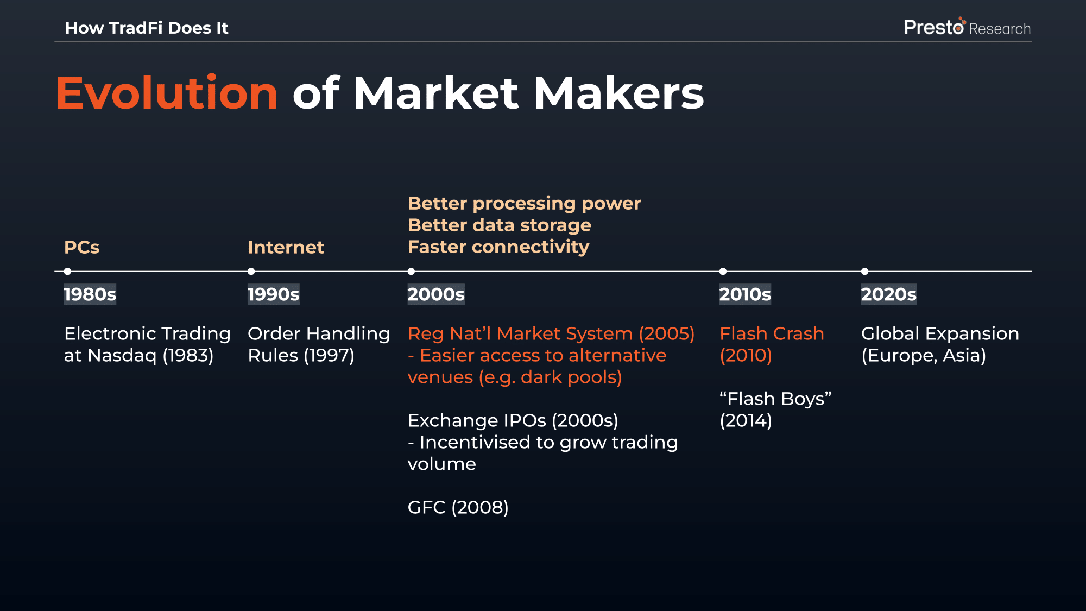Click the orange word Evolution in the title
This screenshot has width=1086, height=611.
click(167, 93)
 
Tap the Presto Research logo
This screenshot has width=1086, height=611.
click(967, 27)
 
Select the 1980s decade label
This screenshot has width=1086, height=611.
click(90, 294)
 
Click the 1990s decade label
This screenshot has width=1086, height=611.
click(274, 294)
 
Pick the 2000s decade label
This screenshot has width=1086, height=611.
click(436, 294)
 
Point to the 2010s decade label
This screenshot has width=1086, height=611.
click(745, 294)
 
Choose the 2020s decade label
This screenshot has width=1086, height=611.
click(889, 294)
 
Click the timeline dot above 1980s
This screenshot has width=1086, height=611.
click(67, 271)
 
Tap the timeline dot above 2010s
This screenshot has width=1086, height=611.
click(723, 271)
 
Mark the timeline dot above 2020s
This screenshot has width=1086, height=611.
click(864, 271)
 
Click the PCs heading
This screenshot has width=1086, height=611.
click(82, 247)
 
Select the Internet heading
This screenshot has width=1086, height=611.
click(286, 247)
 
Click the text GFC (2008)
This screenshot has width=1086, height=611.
click(458, 507)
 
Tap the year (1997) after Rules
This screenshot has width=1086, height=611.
click(329, 355)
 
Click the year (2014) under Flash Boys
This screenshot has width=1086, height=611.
click(746, 420)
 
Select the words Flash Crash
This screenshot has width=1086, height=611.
click(772, 333)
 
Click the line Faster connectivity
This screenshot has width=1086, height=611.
click(498, 247)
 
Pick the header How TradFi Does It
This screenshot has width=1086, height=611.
click(147, 28)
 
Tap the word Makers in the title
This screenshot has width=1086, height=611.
click(619, 93)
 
